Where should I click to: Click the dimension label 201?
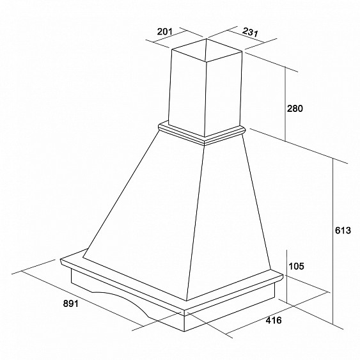[164, 31]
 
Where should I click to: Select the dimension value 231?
[251, 32]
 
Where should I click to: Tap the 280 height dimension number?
[295, 108]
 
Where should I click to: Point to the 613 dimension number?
[343, 230]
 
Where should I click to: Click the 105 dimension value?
[297, 266]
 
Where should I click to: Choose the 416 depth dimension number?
[274, 320]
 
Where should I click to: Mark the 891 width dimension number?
[71, 304]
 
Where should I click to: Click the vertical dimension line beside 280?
[285, 104]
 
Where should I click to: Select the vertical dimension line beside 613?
[333, 240]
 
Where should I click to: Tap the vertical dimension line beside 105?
[287, 276]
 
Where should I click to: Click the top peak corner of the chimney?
[206, 38]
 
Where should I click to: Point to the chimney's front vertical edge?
[205, 99]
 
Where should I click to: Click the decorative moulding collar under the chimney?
[202, 133]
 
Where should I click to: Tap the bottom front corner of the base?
[185, 331]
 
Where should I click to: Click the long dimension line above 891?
[82, 299]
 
